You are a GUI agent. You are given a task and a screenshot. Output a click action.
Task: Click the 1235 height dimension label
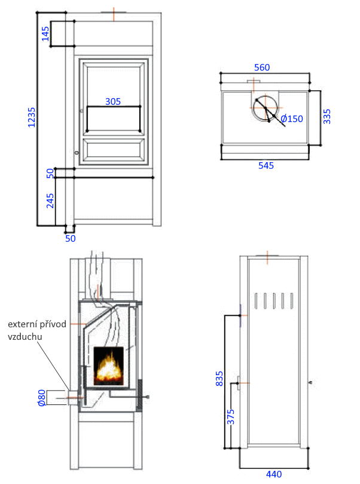(x=32, y=117)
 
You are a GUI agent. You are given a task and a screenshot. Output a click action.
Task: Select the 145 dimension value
(x=45, y=34)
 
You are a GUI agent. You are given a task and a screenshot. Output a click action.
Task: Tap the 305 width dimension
(x=113, y=102)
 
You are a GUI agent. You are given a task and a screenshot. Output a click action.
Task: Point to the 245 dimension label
(x=50, y=200)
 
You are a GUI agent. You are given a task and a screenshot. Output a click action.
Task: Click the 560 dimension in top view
(x=262, y=67)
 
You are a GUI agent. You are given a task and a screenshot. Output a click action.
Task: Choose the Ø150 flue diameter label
(x=292, y=119)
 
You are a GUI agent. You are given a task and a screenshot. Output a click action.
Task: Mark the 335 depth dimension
(x=327, y=117)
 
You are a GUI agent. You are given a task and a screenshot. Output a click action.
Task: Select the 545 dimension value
(x=266, y=166)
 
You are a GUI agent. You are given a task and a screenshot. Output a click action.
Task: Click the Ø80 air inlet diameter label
(x=42, y=398)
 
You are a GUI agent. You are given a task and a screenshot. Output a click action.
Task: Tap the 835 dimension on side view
(x=219, y=379)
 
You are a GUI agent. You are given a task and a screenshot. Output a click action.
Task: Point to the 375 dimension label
(x=231, y=417)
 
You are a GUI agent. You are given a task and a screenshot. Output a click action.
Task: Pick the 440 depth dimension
(x=274, y=474)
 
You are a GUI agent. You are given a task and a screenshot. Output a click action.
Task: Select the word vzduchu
(x=25, y=336)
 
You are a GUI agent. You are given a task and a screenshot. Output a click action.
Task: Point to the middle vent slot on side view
(x=274, y=301)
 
